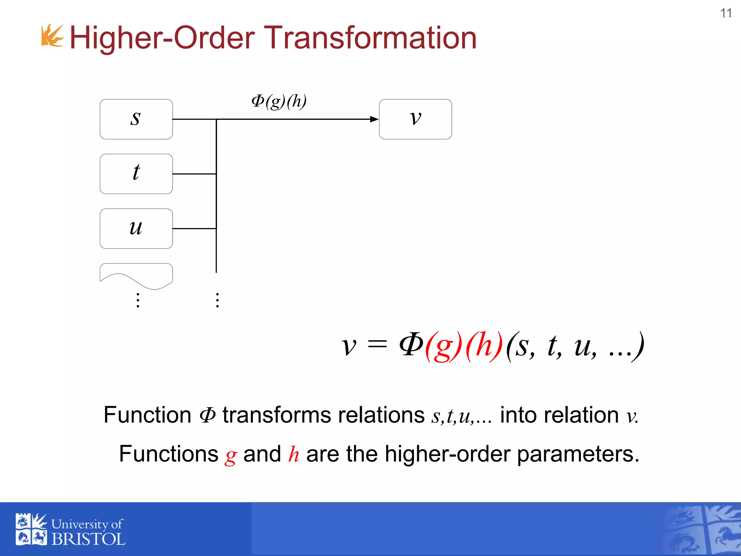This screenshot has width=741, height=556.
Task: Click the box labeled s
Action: (x=136, y=119)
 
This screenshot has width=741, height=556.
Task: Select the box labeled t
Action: (x=136, y=174)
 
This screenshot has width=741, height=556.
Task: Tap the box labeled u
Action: (x=136, y=228)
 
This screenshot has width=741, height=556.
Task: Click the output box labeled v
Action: (x=415, y=119)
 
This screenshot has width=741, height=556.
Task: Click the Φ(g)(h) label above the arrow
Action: (x=279, y=101)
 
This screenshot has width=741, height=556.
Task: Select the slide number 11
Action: (x=726, y=13)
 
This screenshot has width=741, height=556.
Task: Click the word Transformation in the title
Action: (x=372, y=38)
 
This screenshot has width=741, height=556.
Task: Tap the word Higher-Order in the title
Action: (x=162, y=38)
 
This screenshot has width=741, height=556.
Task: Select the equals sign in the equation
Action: (x=377, y=345)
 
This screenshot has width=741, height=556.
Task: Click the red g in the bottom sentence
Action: (x=230, y=455)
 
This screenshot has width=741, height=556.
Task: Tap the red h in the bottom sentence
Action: (x=293, y=454)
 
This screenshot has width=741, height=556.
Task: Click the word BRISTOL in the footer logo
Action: (x=88, y=539)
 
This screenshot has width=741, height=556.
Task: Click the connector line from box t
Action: (x=194, y=174)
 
